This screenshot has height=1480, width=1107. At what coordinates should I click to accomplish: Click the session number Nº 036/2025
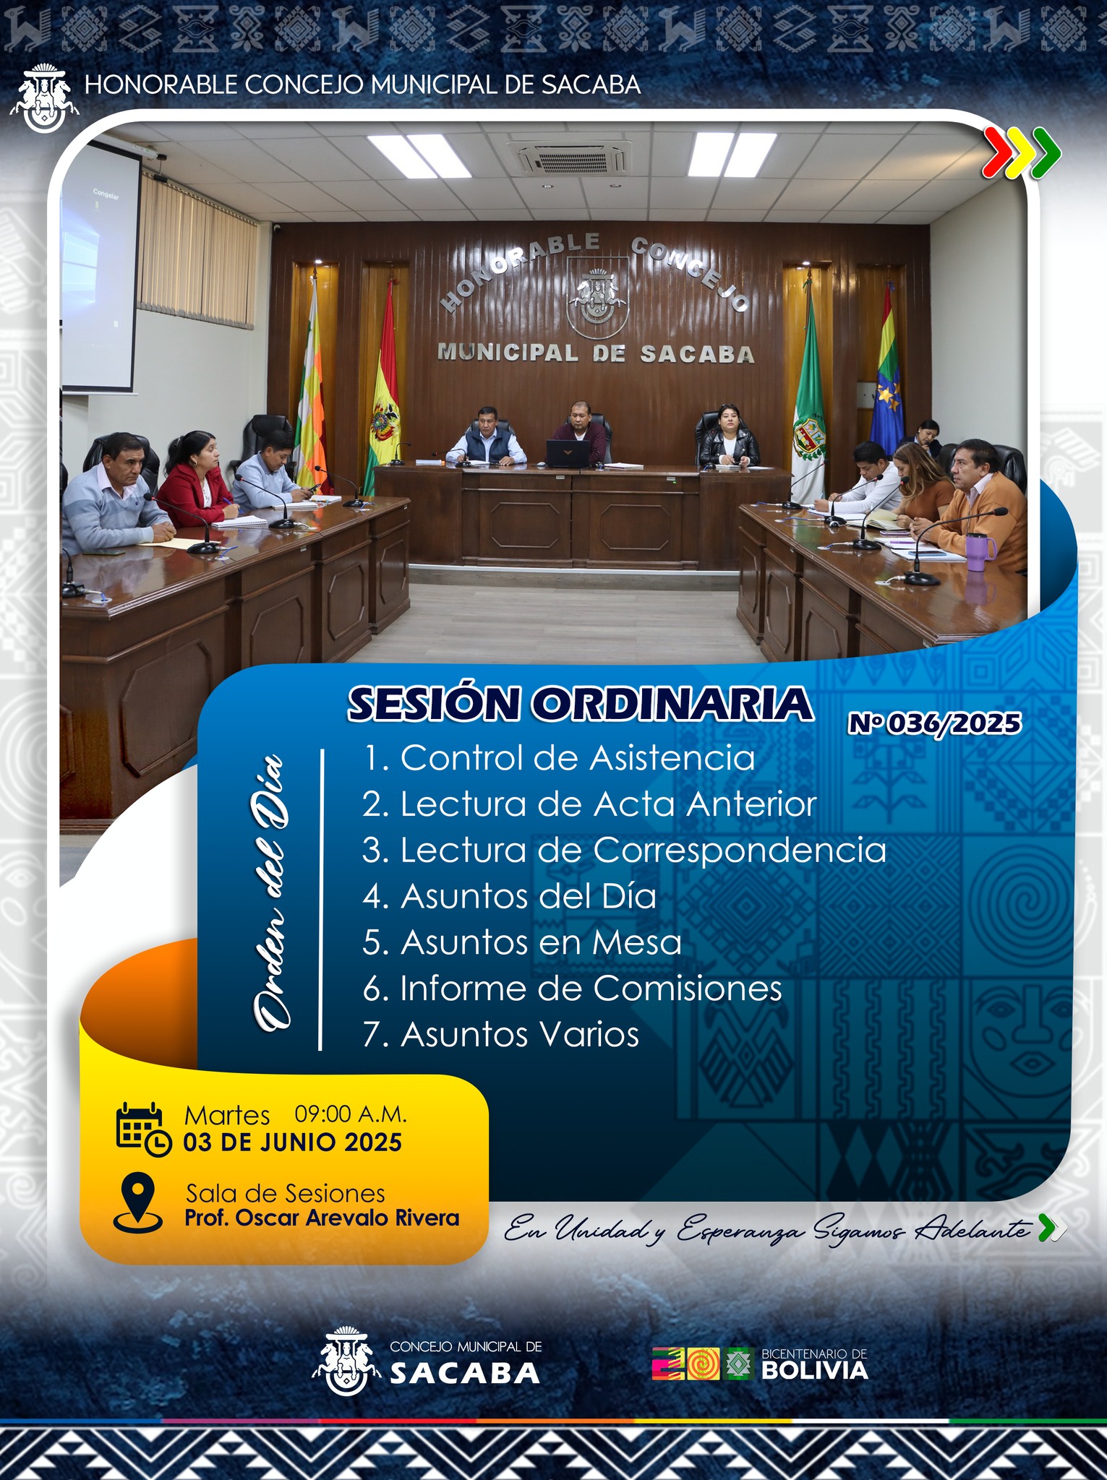(935, 723)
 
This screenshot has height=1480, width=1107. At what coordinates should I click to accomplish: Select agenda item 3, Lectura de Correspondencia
(624, 850)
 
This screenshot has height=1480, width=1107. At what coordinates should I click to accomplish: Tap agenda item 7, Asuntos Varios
(501, 1034)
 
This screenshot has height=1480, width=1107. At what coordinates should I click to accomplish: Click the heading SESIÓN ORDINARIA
(581, 704)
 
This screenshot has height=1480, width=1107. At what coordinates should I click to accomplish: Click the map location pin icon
(137, 1202)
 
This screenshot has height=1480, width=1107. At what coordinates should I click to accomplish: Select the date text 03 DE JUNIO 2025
(292, 1143)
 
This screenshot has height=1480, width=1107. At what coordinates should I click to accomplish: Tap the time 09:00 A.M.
(351, 1114)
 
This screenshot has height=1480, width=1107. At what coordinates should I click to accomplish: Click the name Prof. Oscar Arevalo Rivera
(322, 1218)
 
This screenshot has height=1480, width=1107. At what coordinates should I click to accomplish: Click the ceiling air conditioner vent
(568, 157)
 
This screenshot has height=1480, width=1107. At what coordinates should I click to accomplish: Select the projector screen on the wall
(99, 267)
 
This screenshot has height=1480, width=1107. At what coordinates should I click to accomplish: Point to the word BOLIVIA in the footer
(815, 1371)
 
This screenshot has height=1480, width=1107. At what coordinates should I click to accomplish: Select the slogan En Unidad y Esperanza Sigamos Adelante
(767, 1229)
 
